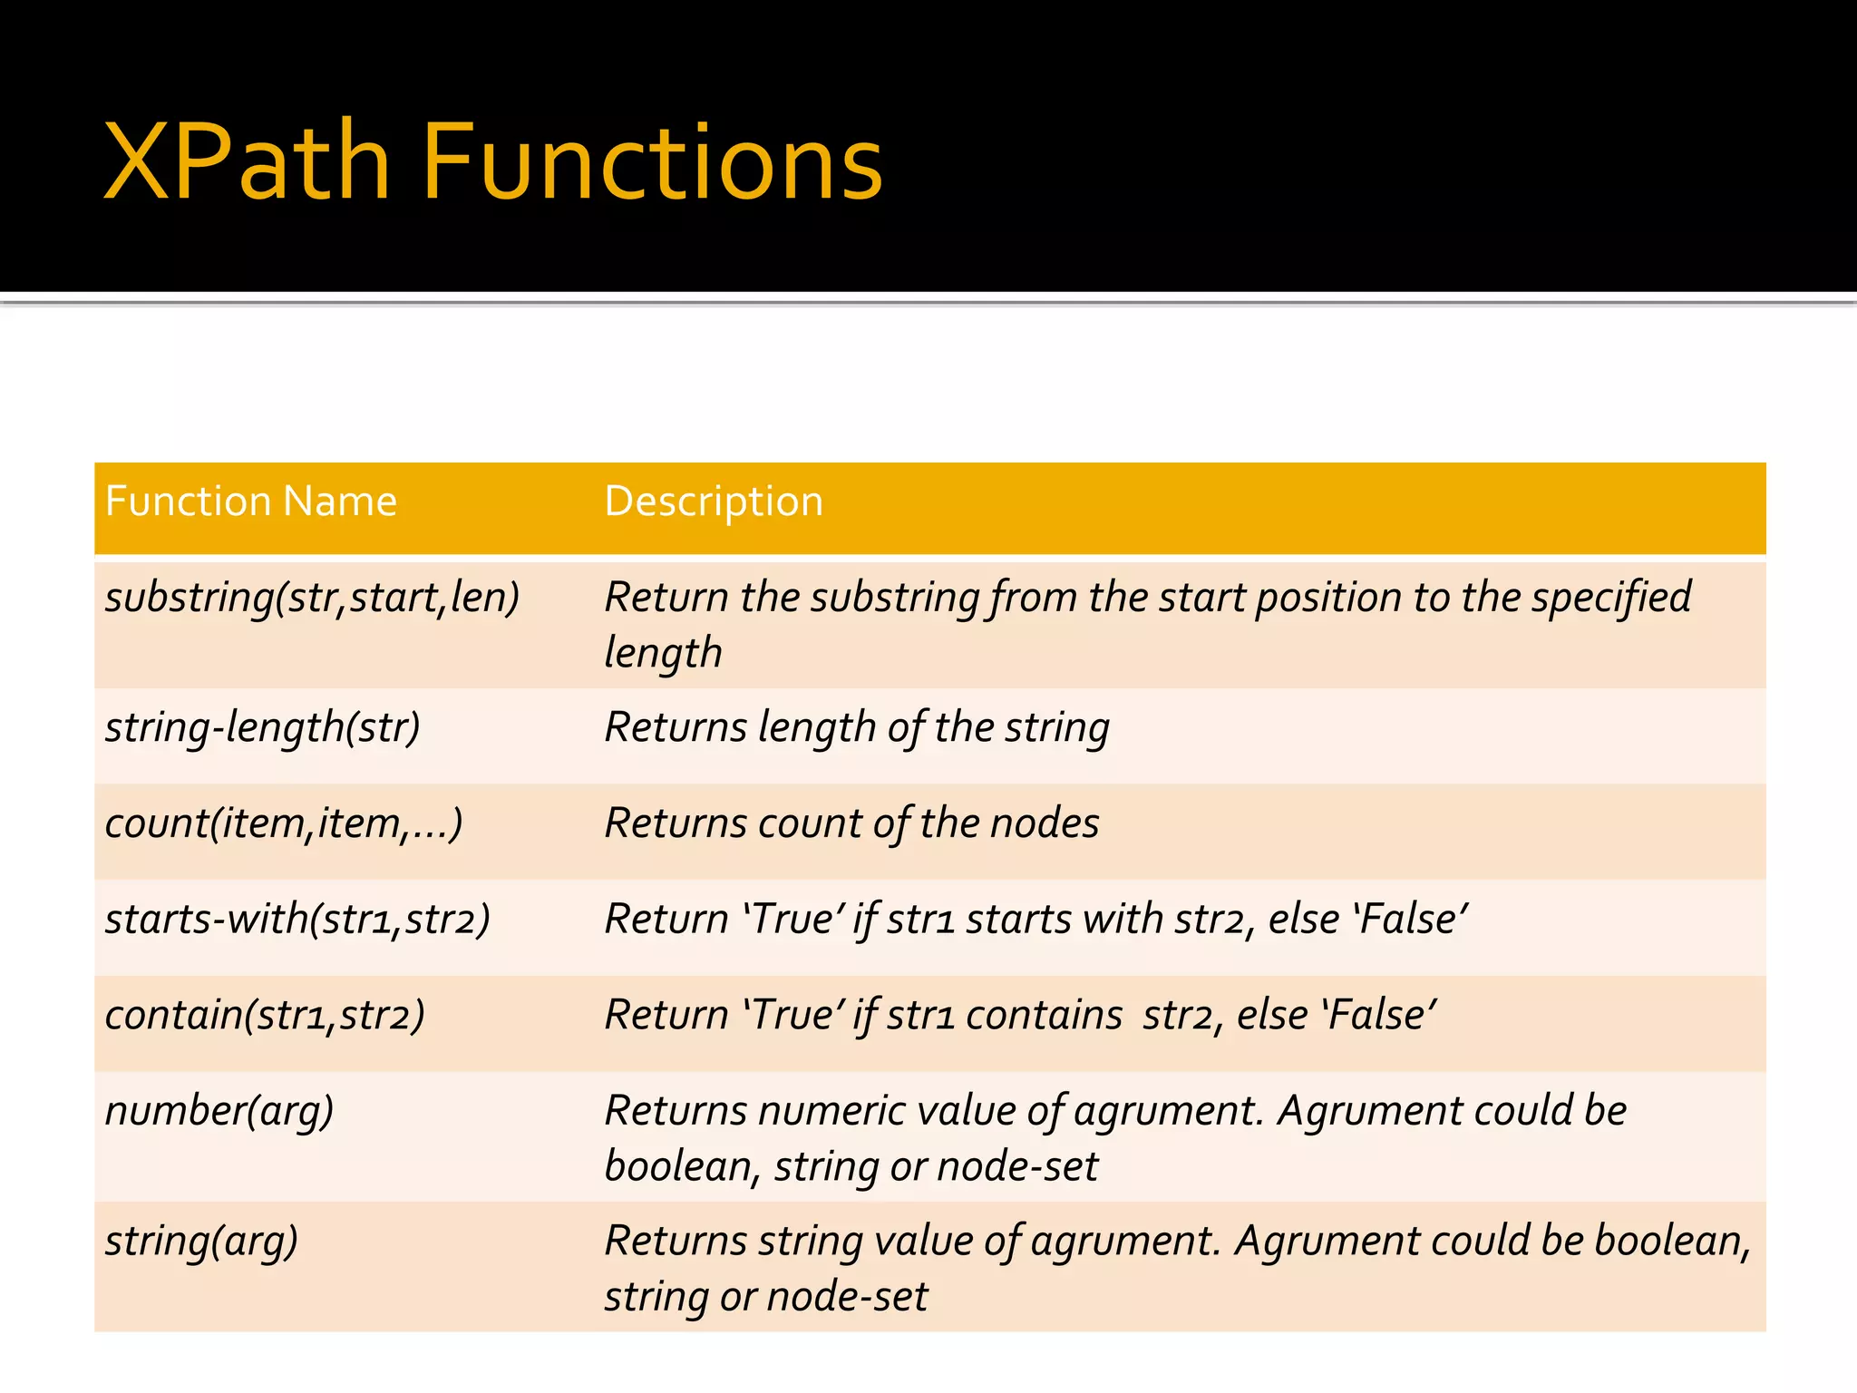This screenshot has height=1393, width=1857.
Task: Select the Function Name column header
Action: pyautogui.click(x=251, y=502)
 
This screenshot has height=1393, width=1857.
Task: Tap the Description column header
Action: pyautogui.click(x=714, y=502)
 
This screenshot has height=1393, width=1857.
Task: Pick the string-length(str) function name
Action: pyautogui.click(x=263, y=728)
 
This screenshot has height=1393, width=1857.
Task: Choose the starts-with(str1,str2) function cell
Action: pyautogui.click(x=297, y=920)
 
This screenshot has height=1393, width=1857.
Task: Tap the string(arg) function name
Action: pyautogui.click(x=201, y=1242)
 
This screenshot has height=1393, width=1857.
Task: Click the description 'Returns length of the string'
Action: pyautogui.click(x=857, y=728)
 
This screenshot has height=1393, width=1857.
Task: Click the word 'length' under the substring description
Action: pyautogui.click(x=663, y=654)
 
